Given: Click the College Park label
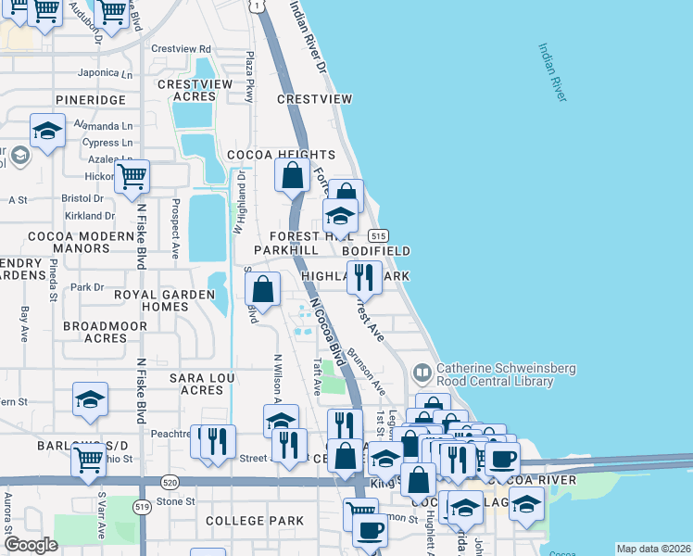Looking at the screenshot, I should pyautogui.click(x=255, y=521).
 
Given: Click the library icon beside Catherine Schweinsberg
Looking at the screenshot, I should pyautogui.click(x=422, y=373).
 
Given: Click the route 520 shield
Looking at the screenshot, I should pyautogui.click(x=169, y=483).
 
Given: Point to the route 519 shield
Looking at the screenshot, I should pyautogui.click(x=142, y=506).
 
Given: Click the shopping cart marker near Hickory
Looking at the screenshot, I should pyautogui.click(x=132, y=175).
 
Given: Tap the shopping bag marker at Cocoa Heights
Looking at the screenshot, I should pyautogui.click(x=293, y=174).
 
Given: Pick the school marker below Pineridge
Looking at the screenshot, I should pyautogui.click(x=46, y=130).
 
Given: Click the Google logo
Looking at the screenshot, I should pyautogui.click(x=31, y=545).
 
